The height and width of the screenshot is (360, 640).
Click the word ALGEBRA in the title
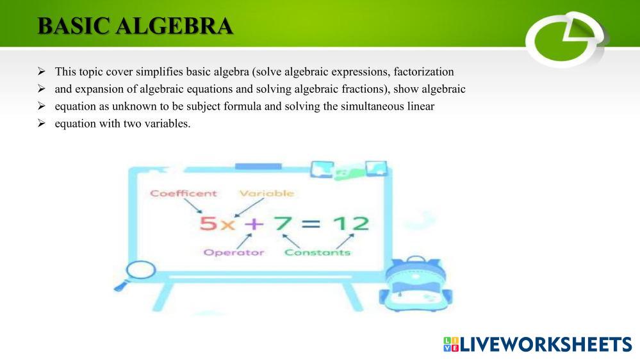(x=174, y=26)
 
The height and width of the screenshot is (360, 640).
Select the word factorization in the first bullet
(x=423, y=72)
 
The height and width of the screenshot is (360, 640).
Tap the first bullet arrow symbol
(x=41, y=72)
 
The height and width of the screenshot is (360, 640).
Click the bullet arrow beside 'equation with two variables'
(x=41, y=123)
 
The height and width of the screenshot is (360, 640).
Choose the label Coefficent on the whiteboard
(x=183, y=193)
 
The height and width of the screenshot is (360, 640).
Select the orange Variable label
(x=267, y=193)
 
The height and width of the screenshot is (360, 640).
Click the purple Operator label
(x=234, y=252)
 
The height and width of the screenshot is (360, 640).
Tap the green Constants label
(x=317, y=252)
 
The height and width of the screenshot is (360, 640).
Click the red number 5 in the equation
(x=209, y=224)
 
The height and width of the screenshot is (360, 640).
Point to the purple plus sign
(x=254, y=224)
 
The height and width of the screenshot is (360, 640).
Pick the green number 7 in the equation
(x=283, y=223)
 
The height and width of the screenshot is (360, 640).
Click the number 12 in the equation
(x=351, y=224)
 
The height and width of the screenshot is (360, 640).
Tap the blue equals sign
(x=312, y=224)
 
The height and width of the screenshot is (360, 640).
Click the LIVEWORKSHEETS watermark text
(x=537, y=344)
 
